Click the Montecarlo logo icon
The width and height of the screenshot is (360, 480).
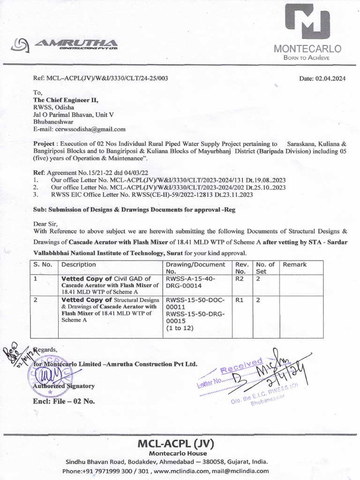click(x=307, y=22)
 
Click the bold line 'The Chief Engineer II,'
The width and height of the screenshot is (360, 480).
click(x=66, y=100)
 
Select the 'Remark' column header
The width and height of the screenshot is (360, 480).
click(x=294, y=264)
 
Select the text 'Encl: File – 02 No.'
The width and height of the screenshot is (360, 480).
click(x=64, y=401)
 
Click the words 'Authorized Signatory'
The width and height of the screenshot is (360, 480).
click(x=64, y=386)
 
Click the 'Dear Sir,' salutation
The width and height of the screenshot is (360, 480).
click(x=46, y=224)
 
